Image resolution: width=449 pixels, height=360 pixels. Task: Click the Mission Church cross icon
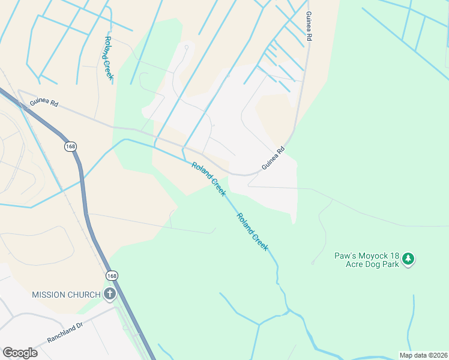click(109, 294)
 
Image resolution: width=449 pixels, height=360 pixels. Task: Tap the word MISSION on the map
click(50, 295)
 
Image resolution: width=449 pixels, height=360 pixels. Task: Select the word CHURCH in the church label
click(85, 295)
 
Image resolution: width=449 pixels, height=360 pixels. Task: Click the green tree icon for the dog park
click(408, 259)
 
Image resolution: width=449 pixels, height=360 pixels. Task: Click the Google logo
click(20, 353)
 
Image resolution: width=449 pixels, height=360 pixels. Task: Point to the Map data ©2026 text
click(423, 355)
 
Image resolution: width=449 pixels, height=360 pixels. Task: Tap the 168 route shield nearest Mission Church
click(112, 275)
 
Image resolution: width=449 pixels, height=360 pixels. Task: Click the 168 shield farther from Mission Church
click(70, 146)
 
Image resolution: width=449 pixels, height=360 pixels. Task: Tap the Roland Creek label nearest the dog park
click(252, 232)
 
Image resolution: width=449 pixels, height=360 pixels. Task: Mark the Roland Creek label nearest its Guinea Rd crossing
click(208, 179)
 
